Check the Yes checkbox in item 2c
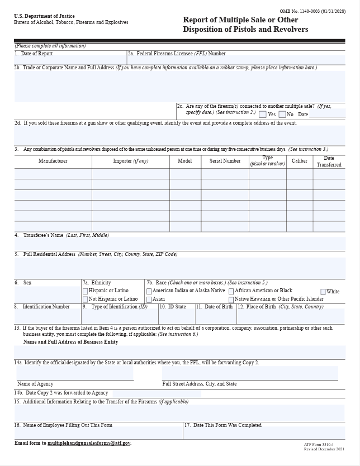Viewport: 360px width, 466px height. [x=262, y=115]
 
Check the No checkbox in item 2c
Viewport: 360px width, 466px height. [x=282, y=115]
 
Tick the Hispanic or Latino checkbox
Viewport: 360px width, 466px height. [x=86, y=291]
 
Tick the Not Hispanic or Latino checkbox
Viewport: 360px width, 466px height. [x=86, y=299]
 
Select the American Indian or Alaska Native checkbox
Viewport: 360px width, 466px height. [x=149, y=291]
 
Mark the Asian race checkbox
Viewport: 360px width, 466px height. [x=149, y=299]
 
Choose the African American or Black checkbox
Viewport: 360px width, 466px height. [x=231, y=291]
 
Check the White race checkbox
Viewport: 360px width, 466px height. [x=323, y=292]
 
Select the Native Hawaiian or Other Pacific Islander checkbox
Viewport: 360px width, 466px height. [x=231, y=299]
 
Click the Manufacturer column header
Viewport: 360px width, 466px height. [x=53, y=161]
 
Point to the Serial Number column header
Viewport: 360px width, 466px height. [x=225, y=161]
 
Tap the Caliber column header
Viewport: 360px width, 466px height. [x=300, y=161]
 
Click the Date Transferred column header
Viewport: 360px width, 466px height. [x=329, y=161]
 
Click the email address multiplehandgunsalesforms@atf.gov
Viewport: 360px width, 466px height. [x=89, y=443]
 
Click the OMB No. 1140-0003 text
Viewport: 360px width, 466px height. [x=312, y=11]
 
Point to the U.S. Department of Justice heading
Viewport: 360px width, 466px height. [x=44, y=16]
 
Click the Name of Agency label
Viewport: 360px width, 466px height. [x=35, y=384]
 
